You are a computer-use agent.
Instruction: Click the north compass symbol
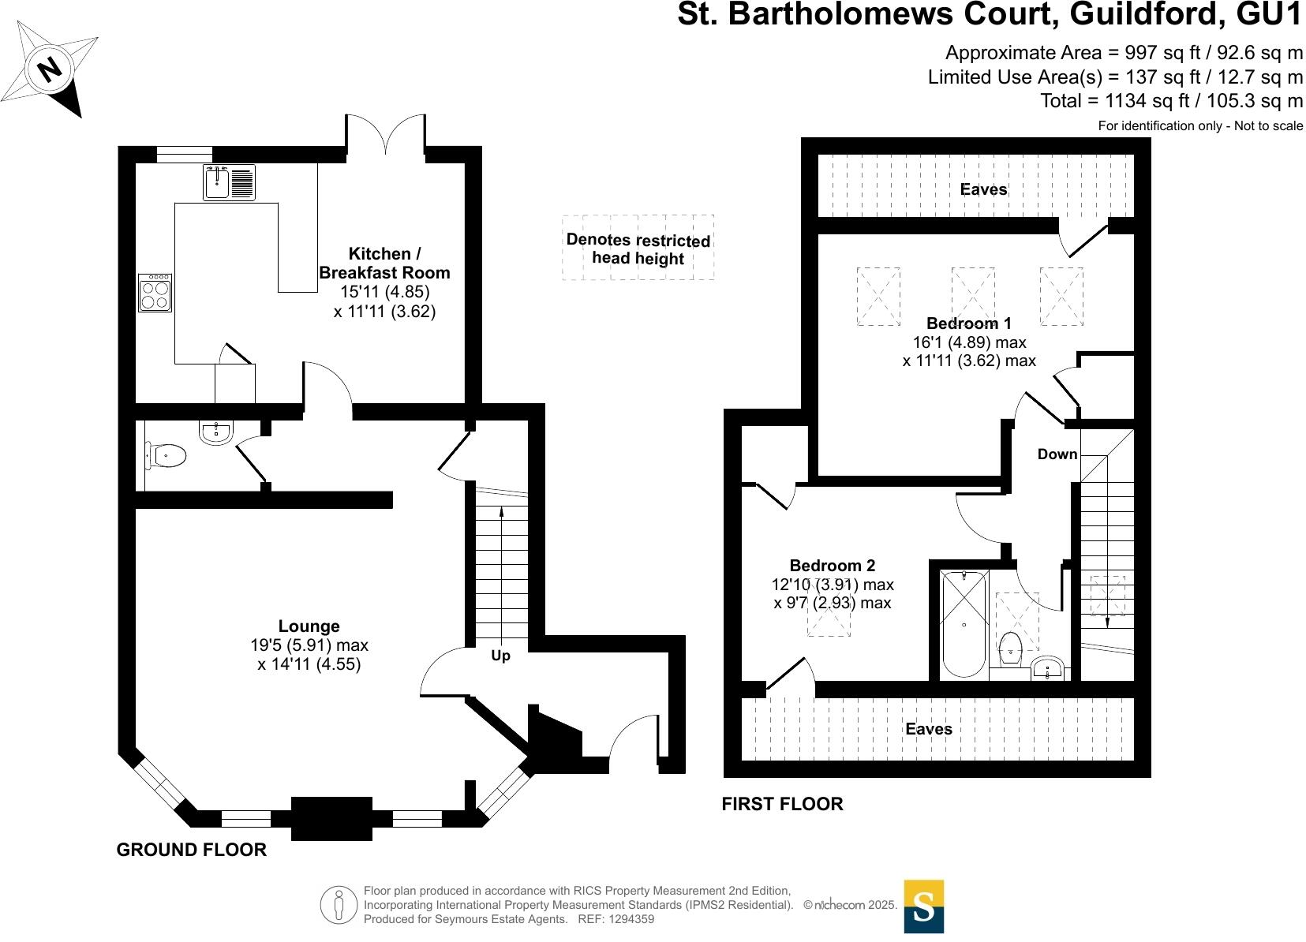pos(51,69)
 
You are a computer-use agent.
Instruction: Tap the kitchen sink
pos(229,182)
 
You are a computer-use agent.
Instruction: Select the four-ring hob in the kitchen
pos(155,293)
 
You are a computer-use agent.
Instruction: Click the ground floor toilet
pos(167,455)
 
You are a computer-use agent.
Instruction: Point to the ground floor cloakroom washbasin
pos(215,432)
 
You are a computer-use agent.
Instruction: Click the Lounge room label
pos(309,626)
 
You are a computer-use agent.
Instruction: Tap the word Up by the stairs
pos(500,656)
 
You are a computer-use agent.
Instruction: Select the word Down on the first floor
pos(1057,454)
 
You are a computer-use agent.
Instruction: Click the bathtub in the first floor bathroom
pos(964,624)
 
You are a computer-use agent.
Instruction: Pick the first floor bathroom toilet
pos(1010,649)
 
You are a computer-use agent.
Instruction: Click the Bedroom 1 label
pos(968,323)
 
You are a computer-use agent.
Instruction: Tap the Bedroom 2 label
pos(832,566)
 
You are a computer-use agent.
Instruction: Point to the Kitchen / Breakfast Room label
pos(384,264)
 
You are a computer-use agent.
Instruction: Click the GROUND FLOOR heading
pos(191,850)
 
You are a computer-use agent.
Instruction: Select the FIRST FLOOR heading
pos(782,804)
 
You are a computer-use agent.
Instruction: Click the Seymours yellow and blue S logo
pos(923,906)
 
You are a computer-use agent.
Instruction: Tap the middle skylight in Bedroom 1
pos(972,296)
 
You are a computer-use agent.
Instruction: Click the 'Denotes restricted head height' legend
pos(638,248)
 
